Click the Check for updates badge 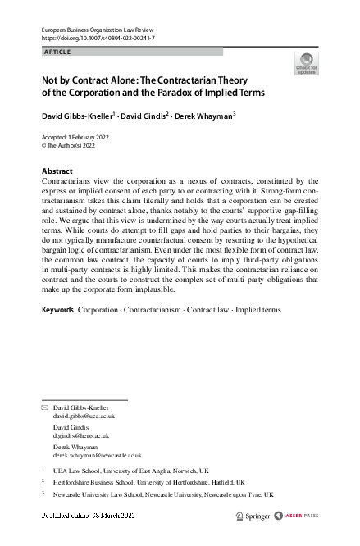tap(306, 63)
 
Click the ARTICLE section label tap(57, 52)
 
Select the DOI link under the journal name tap(98, 39)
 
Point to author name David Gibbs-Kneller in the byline tap(78, 116)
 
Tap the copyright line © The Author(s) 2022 tap(71, 145)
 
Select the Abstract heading tap(57, 171)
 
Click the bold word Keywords tap(57, 311)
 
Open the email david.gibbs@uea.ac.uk tap(84, 416)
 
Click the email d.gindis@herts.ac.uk tap(81, 435)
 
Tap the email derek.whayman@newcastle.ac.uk tap(97, 454)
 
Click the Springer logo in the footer tap(253, 516)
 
